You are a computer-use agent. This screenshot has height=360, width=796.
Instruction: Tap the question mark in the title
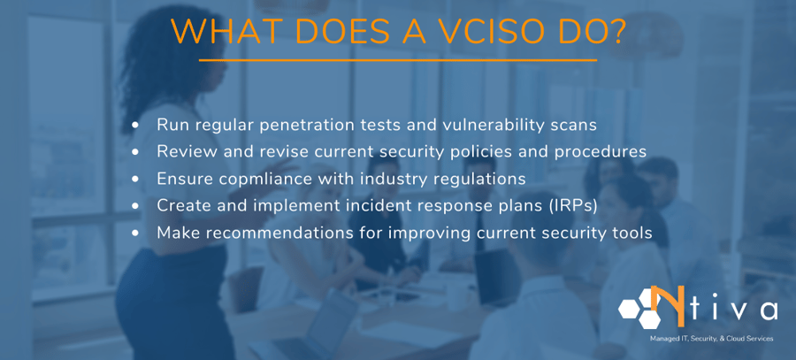click(x=616, y=32)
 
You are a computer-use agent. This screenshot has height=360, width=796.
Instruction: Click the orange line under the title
click(x=398, y=60)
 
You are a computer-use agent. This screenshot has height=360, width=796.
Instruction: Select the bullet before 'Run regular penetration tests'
click(x=135, y=126)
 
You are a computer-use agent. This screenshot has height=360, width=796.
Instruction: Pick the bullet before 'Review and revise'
click(x=135, y=152)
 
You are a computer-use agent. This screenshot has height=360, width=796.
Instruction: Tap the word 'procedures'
click(x=603, y=152)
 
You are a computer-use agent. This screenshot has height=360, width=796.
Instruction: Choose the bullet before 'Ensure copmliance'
click(x=135, y=179)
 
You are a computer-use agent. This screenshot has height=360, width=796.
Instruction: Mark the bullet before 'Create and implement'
click(x=135, y=205)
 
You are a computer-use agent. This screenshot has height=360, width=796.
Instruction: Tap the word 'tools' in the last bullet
click(x=630, y=233)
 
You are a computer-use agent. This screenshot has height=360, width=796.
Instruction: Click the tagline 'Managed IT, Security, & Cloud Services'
click(x=711, y=339)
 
